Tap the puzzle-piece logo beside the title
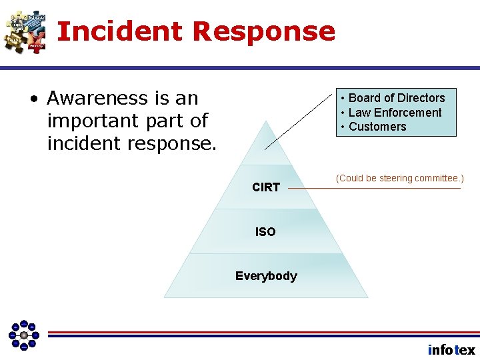pos(25,31)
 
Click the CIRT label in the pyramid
pos(265,187)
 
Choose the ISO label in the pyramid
pos(265,232)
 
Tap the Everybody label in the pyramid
pos(266,276)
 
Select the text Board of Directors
pos(397,98)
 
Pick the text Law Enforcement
pos(395,113)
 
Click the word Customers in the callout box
pos(377,127)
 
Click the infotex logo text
pos(451,350)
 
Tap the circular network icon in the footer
pos(23,334)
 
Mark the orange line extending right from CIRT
pos(373,189)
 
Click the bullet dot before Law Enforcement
pos(342,113)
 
